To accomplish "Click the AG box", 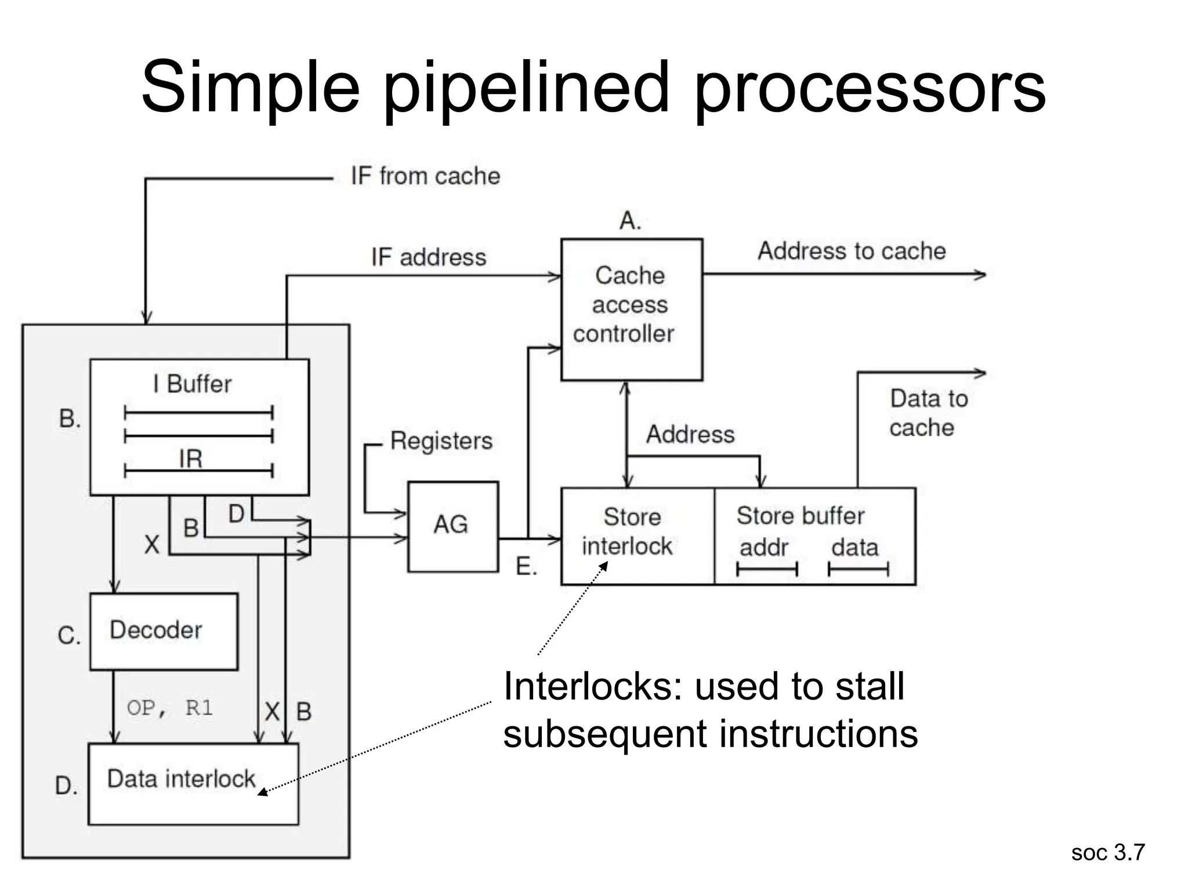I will pyautogui.click(x=452, y=526).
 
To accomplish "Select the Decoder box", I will pyautogui.click(x=164, y=631).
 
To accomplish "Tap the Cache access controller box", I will pyautogui.click(x=631, y=309).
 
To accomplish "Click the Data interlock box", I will pyautogui.click(x=193, y=783).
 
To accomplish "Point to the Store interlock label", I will pyautogui.click(x=628, y=531).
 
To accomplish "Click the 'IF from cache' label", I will pyautogui.click(x=425, y=176).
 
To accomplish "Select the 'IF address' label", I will pyautogui.click(x=429, y=257).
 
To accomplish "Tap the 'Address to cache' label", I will pyautogui.click(x=851, y=251).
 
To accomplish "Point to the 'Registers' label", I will pyautogui.click(x=441, y=441).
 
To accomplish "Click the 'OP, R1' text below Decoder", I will pyautogui.click(x=169, y=708).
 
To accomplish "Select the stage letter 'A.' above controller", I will pyautogui.click(x=630, y=221).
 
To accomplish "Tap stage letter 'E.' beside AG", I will pyautogui.click(x=526, y=567).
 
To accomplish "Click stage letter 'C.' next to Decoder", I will pyautogui.click(x=69, y=636).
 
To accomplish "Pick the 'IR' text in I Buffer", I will pyautogui.click(x=191, y=459).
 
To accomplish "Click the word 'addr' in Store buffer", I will pyautogui.click(x=763, y=548).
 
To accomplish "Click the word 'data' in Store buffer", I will pyautogui.click(x=854, y=548).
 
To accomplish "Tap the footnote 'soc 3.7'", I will pyautogui.click(x=1107, y=853).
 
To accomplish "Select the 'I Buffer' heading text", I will pyautogui.click(x=192, y=384).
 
